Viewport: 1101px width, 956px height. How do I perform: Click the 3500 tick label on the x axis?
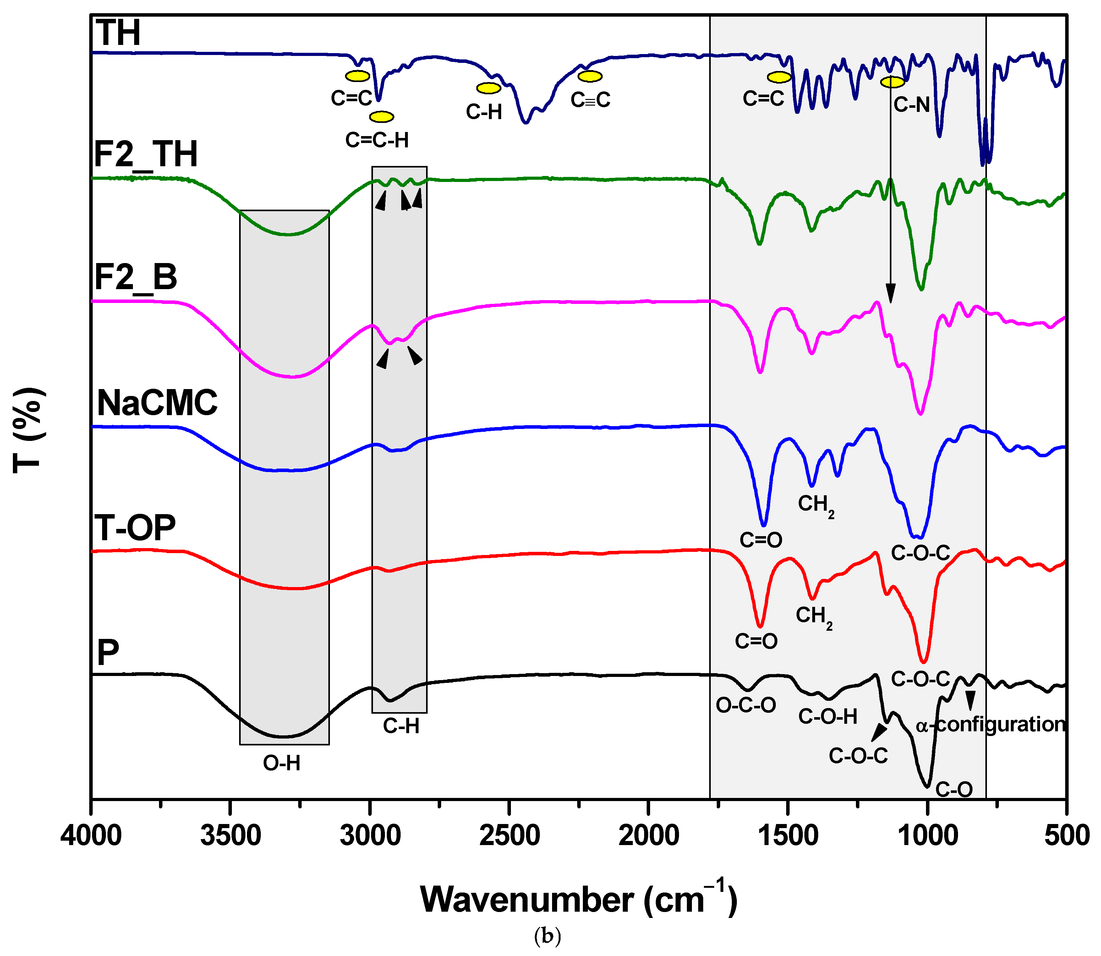tap(230, 835)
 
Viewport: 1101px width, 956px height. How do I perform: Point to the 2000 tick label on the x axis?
tap(648, 835)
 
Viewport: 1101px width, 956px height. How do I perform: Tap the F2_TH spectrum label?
tap(145, 154)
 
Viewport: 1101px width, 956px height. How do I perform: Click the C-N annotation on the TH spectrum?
tap(912, 105)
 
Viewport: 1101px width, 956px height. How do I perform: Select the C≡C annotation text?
tap(590, 100)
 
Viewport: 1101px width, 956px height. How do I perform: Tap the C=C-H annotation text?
tap(377, 140)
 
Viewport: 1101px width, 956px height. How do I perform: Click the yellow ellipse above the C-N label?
tap(892, 82)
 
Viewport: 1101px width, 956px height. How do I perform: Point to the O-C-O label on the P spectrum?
tap(745, 705)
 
